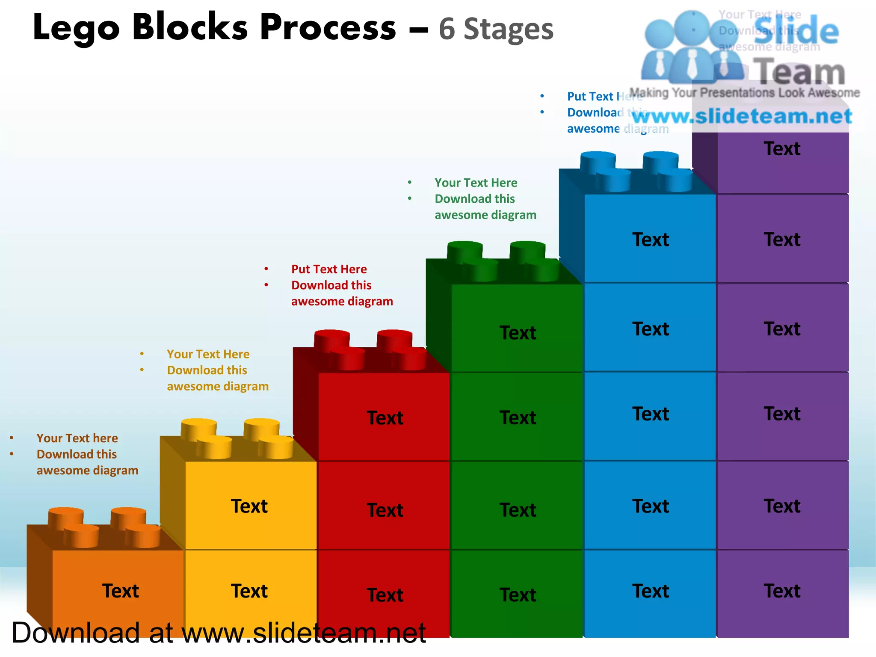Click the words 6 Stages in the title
tap(496, 29)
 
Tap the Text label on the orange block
tap(120, 591)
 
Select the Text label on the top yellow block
tap(249, 506)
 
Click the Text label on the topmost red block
tap(385, 417)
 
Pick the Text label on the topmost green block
tap(518, 332)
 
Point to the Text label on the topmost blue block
tap(650, 240)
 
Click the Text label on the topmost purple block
tap(782, 149)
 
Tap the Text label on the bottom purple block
tap(782, 591)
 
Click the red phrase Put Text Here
tap(329, 269)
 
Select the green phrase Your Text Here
tap(476, 183)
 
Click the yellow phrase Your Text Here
tap(208, 354)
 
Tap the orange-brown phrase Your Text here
tap(77, 438)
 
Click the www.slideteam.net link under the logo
tap(742, 116)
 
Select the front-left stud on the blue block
tap(613, 180)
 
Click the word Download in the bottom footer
tap(76, 633)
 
